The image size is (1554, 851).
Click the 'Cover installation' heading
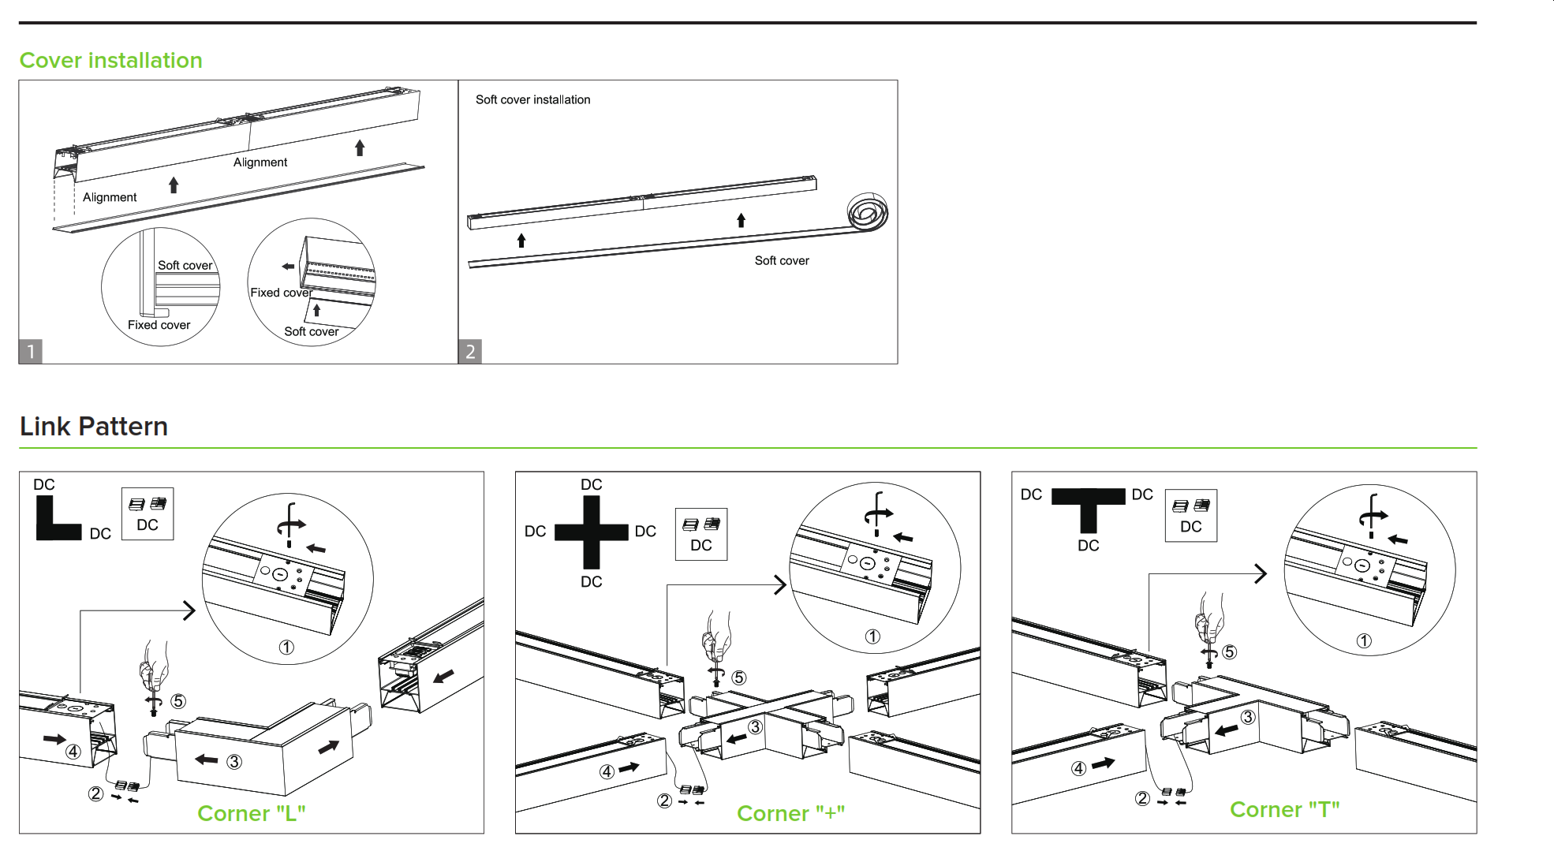pyautogui.click(x=111, y=61)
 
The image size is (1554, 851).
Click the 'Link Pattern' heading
pyautogui.click(x=94, y=427)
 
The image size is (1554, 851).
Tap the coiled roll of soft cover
pyautogui.click(x=868, y=211)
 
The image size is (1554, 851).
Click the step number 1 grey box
pyautogui.click(x=31, y=352)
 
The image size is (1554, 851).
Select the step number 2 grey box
pyautogui.click(x=470, y=352)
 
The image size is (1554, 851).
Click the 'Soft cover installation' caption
pyautogui.click(x=533, y=100)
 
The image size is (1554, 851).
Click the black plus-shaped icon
pyautogui.click(x=592, y=532)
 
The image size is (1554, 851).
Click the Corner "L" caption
pyautogui.click(x=252, y=813)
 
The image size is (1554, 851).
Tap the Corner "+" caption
pyautogui.click(x=791, y=813)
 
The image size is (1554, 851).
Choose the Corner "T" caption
pyautogui.click(x=1285, y=810)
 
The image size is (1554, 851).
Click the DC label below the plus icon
pyautogui.click(x=592, y=582)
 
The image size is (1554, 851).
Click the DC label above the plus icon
pyautogui.click(x=592, y=485)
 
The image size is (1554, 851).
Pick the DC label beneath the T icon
pyautogui.click(x=1089, y=546)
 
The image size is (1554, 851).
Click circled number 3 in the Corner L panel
pyautogui.click(x=234, y=762)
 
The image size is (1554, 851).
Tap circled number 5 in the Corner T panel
pyautogui.click(x=1230, y=652)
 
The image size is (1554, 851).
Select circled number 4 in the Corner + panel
pyautogui.click(x=607, y=772)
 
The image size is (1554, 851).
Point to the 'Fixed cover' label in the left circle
pyautogui.click(x=159, y=325)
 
